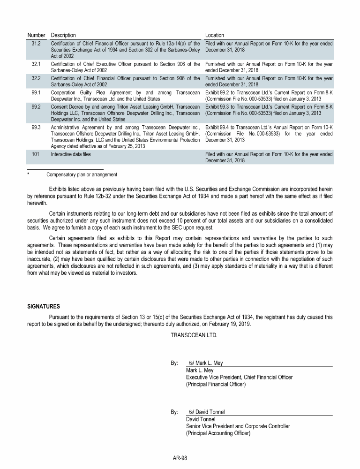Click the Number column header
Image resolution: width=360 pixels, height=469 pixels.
(x=36, y=35)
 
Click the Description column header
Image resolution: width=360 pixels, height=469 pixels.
(x=63, y=35)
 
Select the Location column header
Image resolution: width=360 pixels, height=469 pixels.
(x=215, y=35)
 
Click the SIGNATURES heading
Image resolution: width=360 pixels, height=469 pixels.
(x=44, y=307)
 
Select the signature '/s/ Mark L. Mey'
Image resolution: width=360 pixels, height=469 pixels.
(x=206, y=363)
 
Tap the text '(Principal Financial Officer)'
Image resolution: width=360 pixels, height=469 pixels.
(x=216, y=385)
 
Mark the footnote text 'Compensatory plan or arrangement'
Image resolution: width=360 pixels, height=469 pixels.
(x=82, y=174)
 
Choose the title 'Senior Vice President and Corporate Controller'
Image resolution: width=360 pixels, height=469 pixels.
(x=238, y=426)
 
